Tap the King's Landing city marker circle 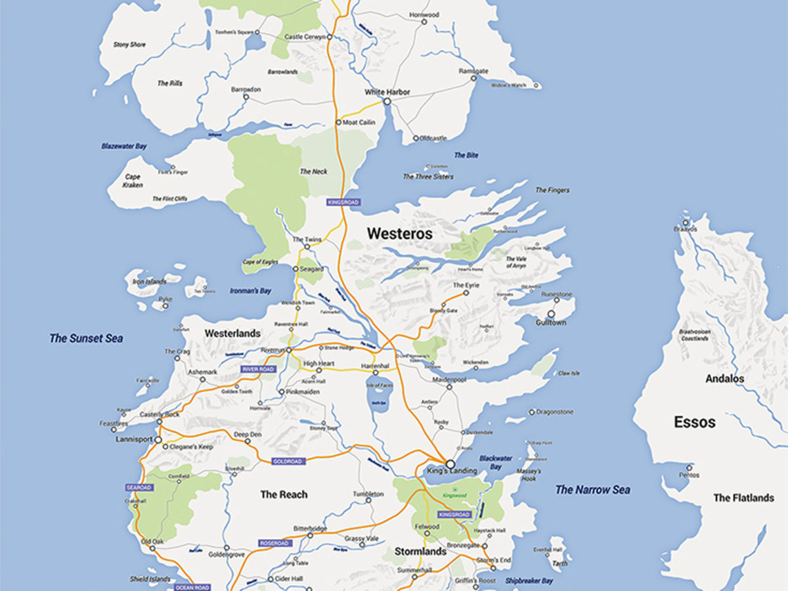[x=450, y=463]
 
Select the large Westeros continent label [x=399, y=233]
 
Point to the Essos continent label [x=694, y=422]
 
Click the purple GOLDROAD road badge [x=288, y=462]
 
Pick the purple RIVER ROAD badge [x=257, y=369]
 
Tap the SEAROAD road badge [x=139, y=487]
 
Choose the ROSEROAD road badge [x=274, y=543]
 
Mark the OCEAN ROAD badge [x=192, y=587]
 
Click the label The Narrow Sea [x=592, y=489]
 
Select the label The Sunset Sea [x=86, y=339]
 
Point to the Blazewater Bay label [x=123, y=146]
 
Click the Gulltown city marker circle [x=550, y=314]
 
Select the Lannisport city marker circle [x=158, y=439]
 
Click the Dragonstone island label [x=555, y=412]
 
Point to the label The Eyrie [x=466, y=286]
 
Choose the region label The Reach [x=284, y=494]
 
